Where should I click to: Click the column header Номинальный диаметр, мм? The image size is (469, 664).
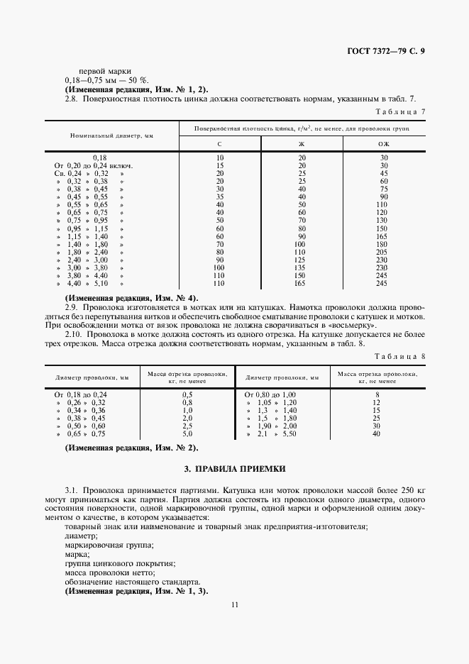pos(112,135)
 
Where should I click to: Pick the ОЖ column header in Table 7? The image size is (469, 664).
pos(384,145)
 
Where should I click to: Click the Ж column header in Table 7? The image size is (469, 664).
pos(302,145)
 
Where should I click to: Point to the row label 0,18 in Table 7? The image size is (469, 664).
pos(99,157)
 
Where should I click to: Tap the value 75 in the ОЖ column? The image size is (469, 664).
pos(384,189)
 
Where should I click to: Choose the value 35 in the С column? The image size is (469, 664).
pos(220,197)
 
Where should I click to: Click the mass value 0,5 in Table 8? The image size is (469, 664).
pos(187,394)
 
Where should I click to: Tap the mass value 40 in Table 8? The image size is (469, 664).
pos(377,433)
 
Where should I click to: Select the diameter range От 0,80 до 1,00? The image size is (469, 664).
pos(270,394)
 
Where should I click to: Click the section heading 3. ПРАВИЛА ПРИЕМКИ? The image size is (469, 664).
pos(234,470)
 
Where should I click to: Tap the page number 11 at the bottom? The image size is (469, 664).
pos(234,604)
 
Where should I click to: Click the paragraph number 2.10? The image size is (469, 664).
pos(75,334)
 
